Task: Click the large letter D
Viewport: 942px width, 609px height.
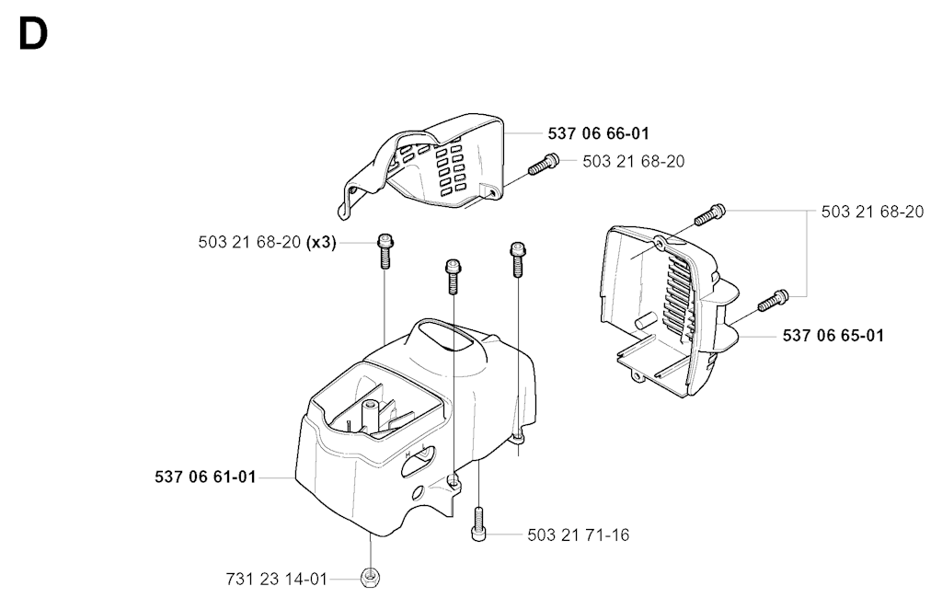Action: [x=33, y=34]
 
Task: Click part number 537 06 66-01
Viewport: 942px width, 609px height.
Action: [x=598, y=133]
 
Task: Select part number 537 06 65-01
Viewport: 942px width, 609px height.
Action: [x=833, y=335]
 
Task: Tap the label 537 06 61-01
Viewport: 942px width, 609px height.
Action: [x=205, y=477]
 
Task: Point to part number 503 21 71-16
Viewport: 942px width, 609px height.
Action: [x=579, y=534]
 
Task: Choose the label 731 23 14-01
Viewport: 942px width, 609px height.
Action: [x=277, y=579]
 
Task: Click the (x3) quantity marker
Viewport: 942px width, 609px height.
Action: [x=321, y=242]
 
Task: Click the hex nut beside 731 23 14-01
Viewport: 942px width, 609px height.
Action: [x=370, y=579]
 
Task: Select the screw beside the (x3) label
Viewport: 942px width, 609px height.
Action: [x=385, y=250]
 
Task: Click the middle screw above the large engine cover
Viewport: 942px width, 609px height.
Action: [x=453, y=276]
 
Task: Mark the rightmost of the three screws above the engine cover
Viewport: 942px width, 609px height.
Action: [x=517, y=259]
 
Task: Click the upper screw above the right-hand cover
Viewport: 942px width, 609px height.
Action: [x=710, y=214]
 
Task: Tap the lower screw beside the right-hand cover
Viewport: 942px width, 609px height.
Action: [x=773, y=300]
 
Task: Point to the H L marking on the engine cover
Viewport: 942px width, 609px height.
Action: [x=416, y=452]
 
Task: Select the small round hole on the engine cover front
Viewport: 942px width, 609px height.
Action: [x=417, y=492]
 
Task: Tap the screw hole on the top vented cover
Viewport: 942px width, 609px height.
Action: [x=493, y=192]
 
